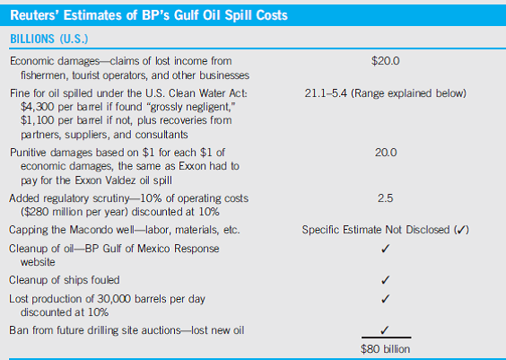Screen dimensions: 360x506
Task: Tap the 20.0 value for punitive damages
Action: [x=385, y=153]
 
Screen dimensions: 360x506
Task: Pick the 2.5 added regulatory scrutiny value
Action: [x=385, y=199]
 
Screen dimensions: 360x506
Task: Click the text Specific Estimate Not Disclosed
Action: [x=377, y=231]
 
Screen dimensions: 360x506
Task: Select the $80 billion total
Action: [x=385, y=347]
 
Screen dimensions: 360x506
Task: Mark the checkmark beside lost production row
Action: [x=385, y=298]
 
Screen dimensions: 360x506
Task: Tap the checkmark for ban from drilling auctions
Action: [x=385, y=329]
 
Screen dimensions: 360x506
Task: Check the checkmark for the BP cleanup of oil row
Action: [x=385, y=249]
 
